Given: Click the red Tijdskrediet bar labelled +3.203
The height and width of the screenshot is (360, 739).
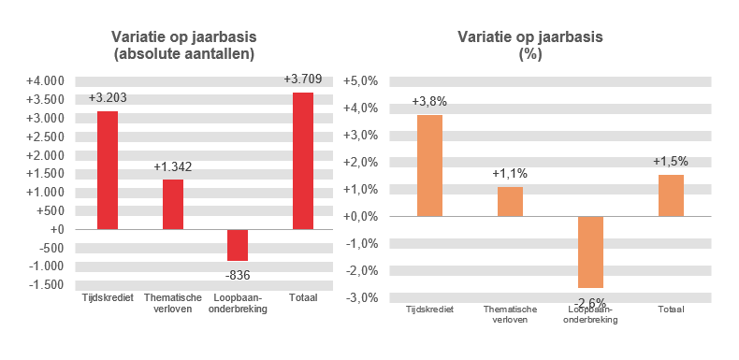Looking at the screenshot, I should coord(107,170).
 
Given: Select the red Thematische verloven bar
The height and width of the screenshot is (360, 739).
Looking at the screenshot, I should coord(172,204).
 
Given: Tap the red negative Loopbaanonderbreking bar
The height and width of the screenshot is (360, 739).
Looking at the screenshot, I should coord(238,245).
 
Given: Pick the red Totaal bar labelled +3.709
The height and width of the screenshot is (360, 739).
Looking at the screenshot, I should coord(303,161).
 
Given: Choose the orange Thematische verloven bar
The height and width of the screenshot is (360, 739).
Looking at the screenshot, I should coord(510,202).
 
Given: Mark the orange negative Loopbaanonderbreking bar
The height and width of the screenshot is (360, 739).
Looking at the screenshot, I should coord(590,252).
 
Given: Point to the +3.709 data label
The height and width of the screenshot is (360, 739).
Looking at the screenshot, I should coord(303,79).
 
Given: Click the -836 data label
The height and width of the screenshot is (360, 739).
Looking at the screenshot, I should coord(238,275).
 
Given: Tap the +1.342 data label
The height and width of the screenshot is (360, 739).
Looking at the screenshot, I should coord(173,166).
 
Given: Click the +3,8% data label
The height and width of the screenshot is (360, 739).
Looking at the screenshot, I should coord(429,101).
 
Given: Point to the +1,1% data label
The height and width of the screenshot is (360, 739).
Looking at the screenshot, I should coord(510,174).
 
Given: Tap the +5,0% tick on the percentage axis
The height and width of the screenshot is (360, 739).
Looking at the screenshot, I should coord(361,81).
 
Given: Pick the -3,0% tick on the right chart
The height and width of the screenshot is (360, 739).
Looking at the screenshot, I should coord(362,298).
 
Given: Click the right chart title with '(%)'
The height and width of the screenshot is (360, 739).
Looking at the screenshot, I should coord(530,46).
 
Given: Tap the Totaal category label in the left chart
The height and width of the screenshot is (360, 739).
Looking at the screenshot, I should coord(303,297).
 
